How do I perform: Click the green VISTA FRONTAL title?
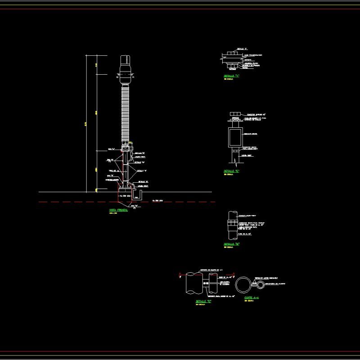(118, 210)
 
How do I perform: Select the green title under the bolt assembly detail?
(231, 76)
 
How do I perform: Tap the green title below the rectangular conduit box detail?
(231, 171)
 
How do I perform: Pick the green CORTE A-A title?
(252, 297)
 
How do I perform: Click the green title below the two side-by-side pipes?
(203, 301)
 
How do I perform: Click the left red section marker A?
(180, 274)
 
